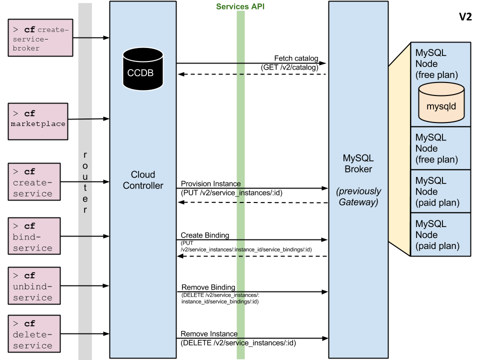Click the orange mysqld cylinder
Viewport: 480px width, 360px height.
[x=441, y=103]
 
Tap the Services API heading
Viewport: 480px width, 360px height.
[x=240, y=6]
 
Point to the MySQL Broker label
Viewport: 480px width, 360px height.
[x=358, y=163]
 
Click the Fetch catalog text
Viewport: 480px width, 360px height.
[x=296, y=58]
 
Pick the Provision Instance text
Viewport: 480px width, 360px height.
[x=210, y=184]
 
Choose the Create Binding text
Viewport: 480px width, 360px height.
[x=205, y=235]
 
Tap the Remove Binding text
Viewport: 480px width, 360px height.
[x=208, y=287]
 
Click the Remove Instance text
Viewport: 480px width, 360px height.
[x=209, y=334]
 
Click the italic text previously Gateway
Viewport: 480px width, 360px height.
[x=358, y=196]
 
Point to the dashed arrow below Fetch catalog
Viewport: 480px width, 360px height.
[x=252, y=74]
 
